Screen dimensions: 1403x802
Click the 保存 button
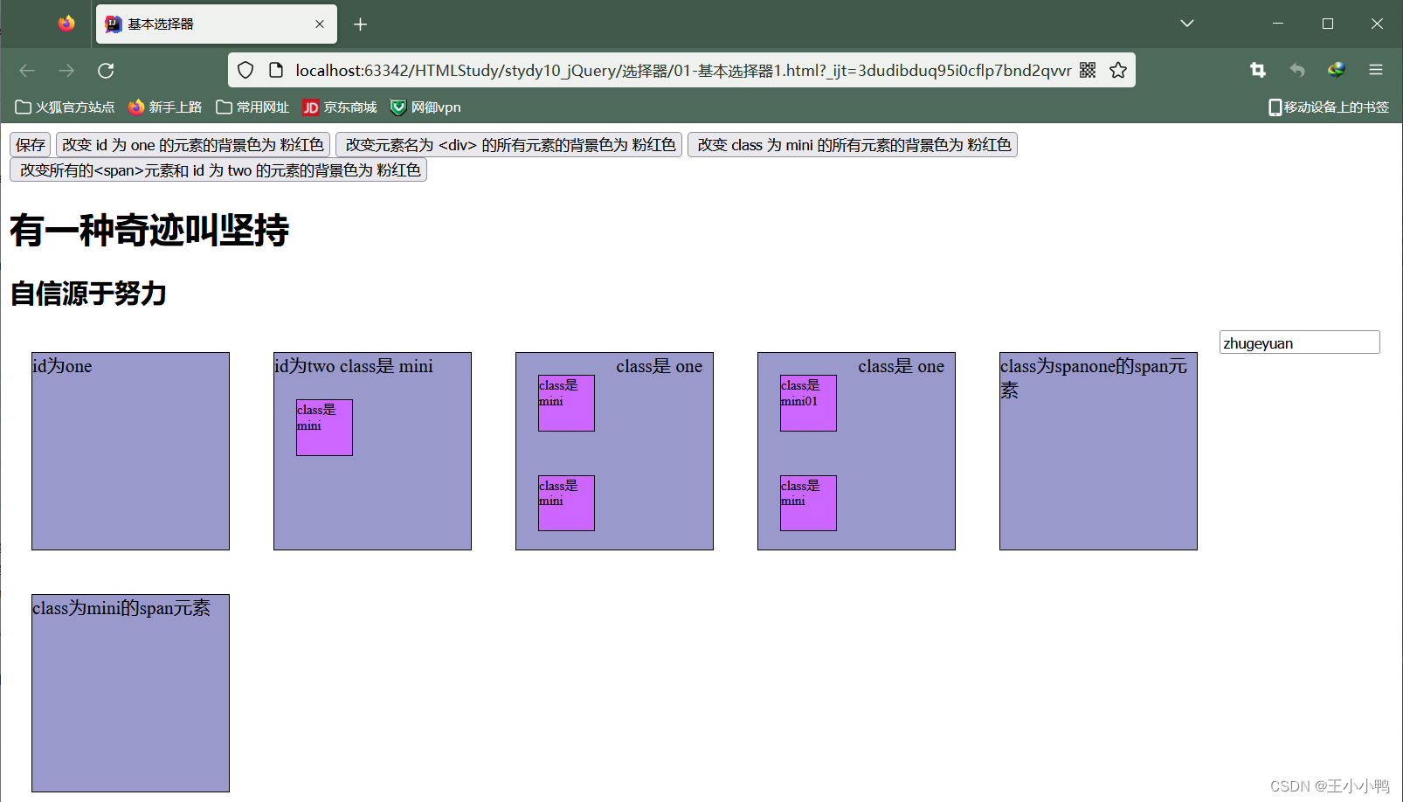coord(30,145)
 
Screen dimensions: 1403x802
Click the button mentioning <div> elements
coord(509,145)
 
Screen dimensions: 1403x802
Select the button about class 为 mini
coord(853,145)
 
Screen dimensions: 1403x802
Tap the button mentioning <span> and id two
coord(218,170)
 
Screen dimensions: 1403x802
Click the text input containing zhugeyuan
coord(1298,342)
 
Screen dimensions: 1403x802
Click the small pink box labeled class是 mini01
coord(808,403)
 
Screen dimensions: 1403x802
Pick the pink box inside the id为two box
coord(324,427)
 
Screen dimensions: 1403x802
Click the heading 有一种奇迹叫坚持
coord(149,231)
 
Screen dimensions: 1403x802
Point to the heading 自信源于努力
coord(88,294)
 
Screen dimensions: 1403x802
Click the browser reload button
coord(106,71)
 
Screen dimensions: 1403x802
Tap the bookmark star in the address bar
coord(1118,71)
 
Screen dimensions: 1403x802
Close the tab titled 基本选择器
coord(320,24)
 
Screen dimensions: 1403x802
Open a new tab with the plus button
coord(360,24)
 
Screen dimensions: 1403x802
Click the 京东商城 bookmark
coord(340,107)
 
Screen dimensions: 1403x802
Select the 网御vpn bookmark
coord(425,107)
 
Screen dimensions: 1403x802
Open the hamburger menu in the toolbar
coord(1376,71)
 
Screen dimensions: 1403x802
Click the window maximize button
coord(1328,24)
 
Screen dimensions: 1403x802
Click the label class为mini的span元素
coord(121,608)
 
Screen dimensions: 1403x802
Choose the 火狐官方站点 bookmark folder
coord(66,107)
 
